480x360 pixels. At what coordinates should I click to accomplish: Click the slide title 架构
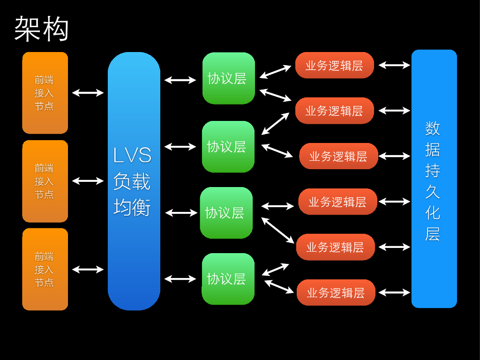(x=42, y=29)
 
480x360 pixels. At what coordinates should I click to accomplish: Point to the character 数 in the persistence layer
(x=432, y=128)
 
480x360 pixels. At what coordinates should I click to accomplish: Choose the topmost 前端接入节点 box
(x=45, y=93)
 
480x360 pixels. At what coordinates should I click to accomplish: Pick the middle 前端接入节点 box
(x=45, y=181)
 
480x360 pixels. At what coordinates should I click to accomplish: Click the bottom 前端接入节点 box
(x=45, y=269)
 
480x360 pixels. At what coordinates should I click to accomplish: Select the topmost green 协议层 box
(x=228, y=78)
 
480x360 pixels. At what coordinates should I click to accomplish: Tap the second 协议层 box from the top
(x=228, y=147)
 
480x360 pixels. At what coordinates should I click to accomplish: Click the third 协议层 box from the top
(x=226, y=213)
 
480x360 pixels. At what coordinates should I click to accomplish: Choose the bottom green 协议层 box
(x=228, y=279)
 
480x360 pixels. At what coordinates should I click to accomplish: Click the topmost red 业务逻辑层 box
(x=334, y=65)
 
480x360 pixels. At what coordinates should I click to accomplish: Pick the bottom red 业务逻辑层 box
(x=336, y=292)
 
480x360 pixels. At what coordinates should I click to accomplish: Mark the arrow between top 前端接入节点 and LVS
(x=88, y=93)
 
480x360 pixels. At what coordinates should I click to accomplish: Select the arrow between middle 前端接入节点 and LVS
(x=88, y=180)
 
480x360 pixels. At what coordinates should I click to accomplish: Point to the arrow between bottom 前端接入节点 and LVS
(x=88, y=269)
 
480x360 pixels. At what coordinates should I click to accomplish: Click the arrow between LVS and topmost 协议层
(x=180, y=80)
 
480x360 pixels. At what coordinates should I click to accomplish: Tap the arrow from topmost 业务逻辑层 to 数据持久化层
(x=394, y=65)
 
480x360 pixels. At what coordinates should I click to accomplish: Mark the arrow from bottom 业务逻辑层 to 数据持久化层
(x=394, y=292)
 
